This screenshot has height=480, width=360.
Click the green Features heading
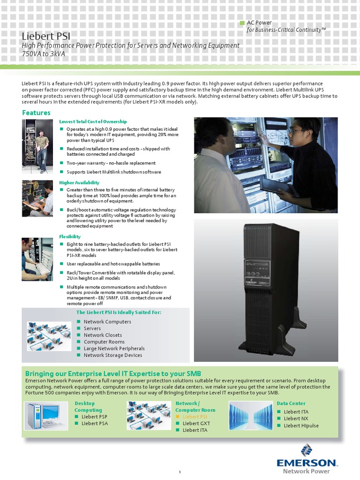point(36,113)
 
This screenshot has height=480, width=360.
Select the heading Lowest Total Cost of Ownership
point(93,121)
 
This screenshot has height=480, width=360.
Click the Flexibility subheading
point(70,237)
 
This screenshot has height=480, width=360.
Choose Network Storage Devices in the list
point(112,355)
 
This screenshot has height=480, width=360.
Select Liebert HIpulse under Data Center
point(301,426)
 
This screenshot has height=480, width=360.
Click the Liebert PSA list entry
point(95,423)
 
